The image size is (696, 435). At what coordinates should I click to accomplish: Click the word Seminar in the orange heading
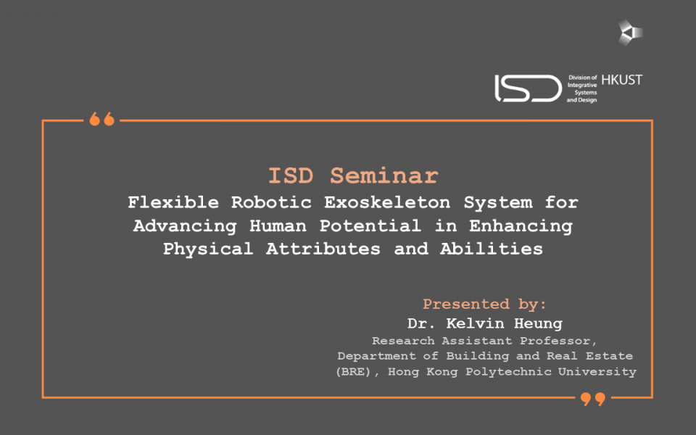pos(384,175)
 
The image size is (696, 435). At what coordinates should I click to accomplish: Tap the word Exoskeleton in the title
pos(387,202)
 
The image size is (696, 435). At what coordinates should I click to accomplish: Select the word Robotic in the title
pos(271,202)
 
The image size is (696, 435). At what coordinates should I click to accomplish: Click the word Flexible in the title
pos(173,202)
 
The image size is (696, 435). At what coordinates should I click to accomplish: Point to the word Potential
pos(370,225)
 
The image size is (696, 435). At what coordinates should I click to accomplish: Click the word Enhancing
pos(521,226)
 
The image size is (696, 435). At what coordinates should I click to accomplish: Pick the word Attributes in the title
pos(323,249)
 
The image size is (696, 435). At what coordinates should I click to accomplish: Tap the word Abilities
pos(492,249)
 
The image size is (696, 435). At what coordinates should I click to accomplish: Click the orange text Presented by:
pos(484,304)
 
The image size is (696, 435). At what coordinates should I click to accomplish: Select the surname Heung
pos(539,323)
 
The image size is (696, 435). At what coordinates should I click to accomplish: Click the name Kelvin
pos(475,323)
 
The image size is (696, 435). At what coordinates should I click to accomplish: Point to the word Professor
pos(558,341)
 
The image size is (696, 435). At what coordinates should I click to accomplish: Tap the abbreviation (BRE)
pos(353,371)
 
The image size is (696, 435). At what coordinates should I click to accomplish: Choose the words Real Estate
pos(589,356)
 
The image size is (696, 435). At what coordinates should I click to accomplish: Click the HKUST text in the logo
pos(622,80)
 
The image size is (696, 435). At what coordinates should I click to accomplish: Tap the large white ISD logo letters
pos(529,88)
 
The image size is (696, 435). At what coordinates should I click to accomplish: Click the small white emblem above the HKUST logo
pos(630,33)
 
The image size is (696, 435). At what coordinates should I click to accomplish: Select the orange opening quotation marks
pos(102,119)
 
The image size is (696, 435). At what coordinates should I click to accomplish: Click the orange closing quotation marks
pos(593,399)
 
